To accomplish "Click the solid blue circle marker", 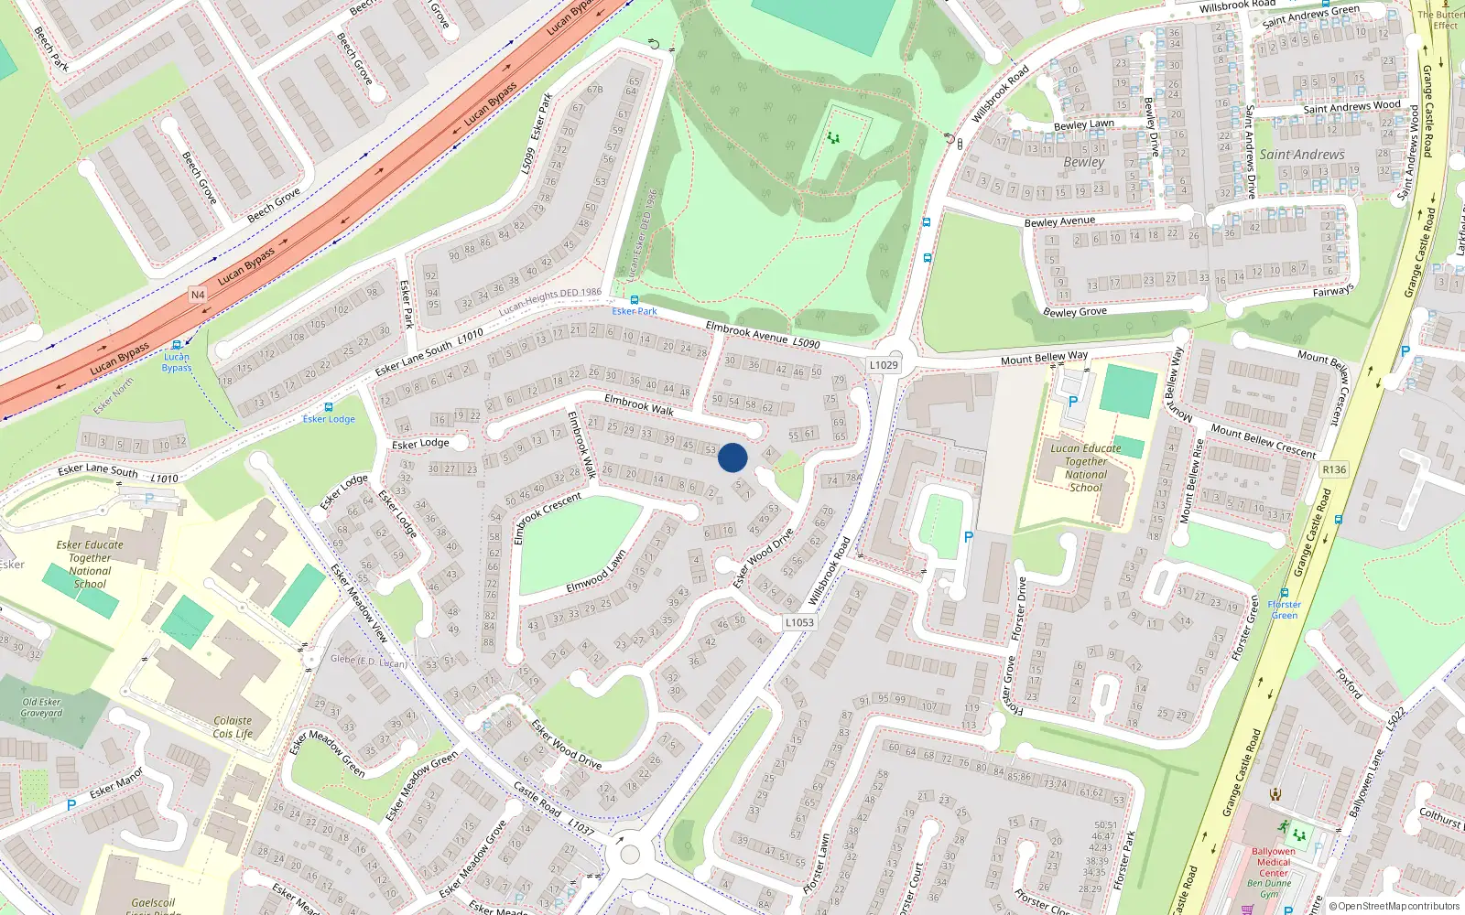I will (x=732, y=457).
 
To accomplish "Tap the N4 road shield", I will (x=198, y=295).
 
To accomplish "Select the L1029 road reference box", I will (x=884, y=365).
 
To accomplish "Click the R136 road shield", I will (x=1334, y=469).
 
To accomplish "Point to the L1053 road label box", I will (x=798, y=622).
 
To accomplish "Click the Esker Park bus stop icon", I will (x=634, y=300).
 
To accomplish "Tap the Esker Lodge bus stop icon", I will (x=328, y=407).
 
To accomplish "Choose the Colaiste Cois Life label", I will (x=233, y=727).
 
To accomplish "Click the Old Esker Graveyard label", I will (x=42, y=707).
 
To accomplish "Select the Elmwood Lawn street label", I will (x=595, y=571).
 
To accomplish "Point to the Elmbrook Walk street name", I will (x=639, y=404).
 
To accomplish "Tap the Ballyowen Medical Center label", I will (x=1273, y=862).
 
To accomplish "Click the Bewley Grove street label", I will (x=1075, y=312).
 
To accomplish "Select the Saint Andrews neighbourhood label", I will (x=1301, y=155).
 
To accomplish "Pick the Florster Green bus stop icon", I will (x=1285, y=593).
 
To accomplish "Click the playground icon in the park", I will (x=833, y=138).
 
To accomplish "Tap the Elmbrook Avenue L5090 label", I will (x=762, y=335).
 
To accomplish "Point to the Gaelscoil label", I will (x=153, y=903).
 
